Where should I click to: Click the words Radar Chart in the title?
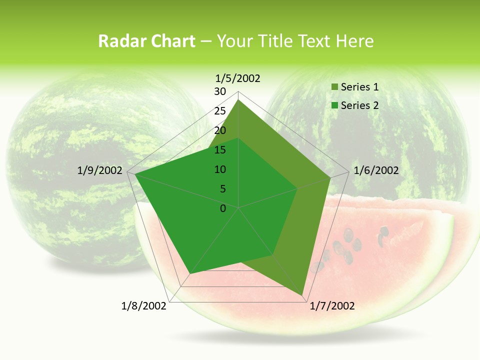pyautogui.click(x=146, y=41)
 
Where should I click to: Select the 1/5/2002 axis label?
pyautogui.click(x=238, y=78)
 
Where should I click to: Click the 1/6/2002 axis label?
pyautogui.click(x=376, y=170)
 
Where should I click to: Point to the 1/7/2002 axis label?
pyautogui.click(x=332, y=306)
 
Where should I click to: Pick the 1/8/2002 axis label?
pyautogui.click(x=144, y=306)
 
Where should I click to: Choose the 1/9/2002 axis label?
pyautogui.click(x=100, y=170)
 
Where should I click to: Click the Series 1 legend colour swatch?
pyautogui.click(x=334, y=87)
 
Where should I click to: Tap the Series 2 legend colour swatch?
pyautogui.click(x=334, y=105)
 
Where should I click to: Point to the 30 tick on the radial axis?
pyautogui.click(x=220, y=91)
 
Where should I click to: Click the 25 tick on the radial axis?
pyautogui.click(x=220, y=111)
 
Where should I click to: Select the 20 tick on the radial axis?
pyautogui.click(x=220, y=130)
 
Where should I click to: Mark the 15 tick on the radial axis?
pyautogui.click(x=220, y=150)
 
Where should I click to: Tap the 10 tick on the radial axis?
pyautogui.click(x=220, y=169)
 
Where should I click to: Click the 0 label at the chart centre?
pyautogui.click(x=223, y=208)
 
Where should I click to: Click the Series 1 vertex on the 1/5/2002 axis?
pyautogui.click(x=238, y=100)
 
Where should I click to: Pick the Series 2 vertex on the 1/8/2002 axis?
pyautogui.click(x=189, y=274)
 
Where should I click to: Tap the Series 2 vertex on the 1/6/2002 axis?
pyautogui.click(x=297, y=188)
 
